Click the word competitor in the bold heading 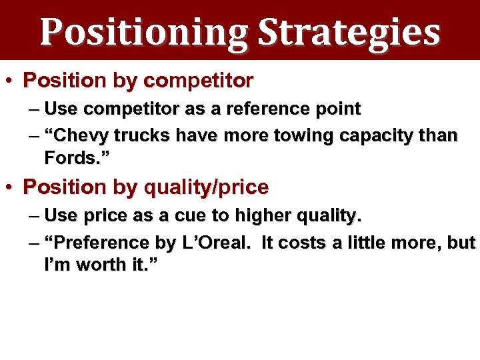[x=198, y=81]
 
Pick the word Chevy [x=83, y=136]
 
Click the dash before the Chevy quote [x=34, y=136]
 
